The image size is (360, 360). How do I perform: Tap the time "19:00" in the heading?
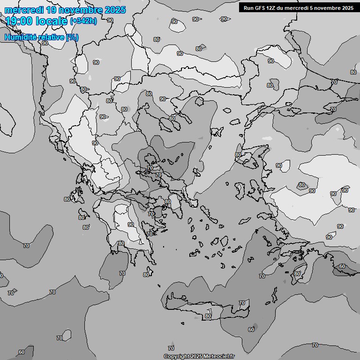pyautogui.click(x=18, y=21)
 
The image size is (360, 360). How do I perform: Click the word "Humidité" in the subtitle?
pyautogui.click(x=20, y=37)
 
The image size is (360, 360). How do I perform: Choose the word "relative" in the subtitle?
pyautogui.click(x=51, y=37)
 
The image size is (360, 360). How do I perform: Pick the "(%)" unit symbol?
pyautogui.click(x=72, y=37)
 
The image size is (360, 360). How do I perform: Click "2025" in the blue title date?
pyautogui.click(x=112, y=10)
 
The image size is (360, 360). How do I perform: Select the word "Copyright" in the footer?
pyautogui.click(x=177, y=356)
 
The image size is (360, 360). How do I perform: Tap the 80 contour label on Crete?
pyautogui.click(x=208, y=316)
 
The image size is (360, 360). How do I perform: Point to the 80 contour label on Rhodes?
pyautogui.click(x=297, y=274)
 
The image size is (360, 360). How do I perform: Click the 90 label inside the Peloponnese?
pyautogui.click(x=130, y=225)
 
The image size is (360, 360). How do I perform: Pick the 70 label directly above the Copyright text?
pyautogui.click(x=171, y=348)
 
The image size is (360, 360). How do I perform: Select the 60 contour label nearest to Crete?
pyautogui.click(x=251, y=330)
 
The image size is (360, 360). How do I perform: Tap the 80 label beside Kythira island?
pyautogui.click(x=146, y=275)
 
